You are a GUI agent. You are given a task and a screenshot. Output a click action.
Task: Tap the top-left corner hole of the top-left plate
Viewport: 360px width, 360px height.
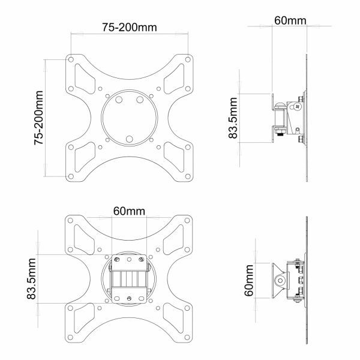click(x=71, y=60)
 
